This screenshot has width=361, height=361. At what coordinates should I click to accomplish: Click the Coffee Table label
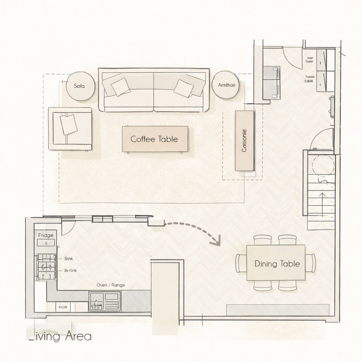pos(154,139)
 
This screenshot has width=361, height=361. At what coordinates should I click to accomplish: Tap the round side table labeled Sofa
pos(80,86)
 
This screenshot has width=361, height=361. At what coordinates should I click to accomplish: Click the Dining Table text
pos(277,264)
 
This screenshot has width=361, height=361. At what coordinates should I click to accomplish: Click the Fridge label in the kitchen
pos(45,235)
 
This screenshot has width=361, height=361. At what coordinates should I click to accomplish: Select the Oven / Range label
pos(110,285)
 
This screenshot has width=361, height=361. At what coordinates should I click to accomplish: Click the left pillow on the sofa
pos(121,86)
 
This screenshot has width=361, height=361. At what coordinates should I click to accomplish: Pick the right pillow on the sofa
pos(183,88)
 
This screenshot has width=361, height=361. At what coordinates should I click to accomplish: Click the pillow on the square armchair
pos(69,124)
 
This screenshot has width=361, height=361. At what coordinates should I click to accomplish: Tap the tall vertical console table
pos(245,141)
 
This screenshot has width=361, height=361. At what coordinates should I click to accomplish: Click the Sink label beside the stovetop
pos(68,258)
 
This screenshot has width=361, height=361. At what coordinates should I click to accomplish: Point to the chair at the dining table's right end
pos(311,263)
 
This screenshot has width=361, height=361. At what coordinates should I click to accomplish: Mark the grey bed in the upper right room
pos(271,83)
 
